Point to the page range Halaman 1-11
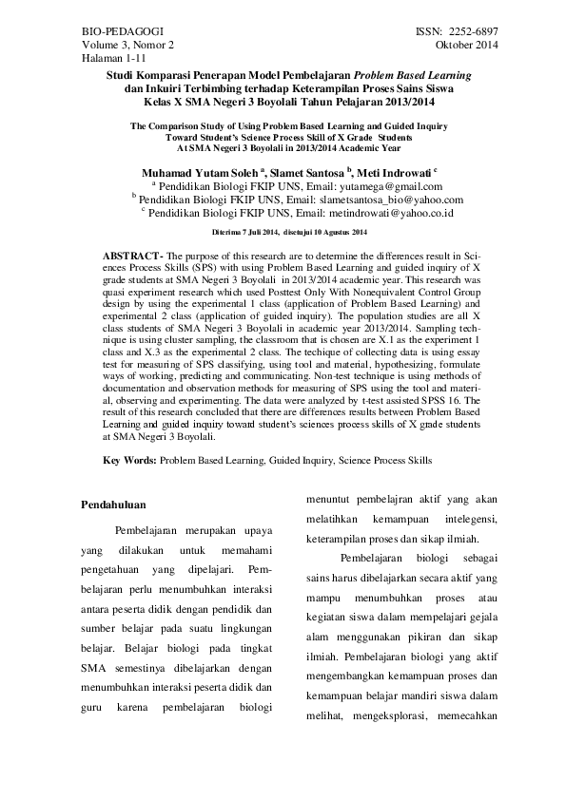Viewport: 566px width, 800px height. click(108, 59)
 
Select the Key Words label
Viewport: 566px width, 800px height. click(129, 460)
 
